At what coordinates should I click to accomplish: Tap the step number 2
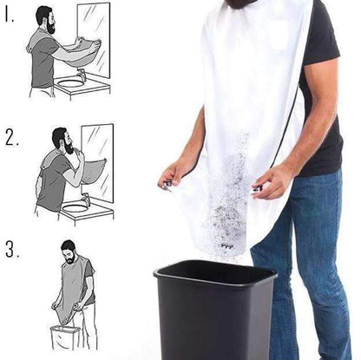(12, 137)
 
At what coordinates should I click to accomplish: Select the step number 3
(12, 251)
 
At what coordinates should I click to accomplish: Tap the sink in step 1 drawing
(71, 85)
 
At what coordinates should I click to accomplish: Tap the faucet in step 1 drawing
(81, 76)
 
